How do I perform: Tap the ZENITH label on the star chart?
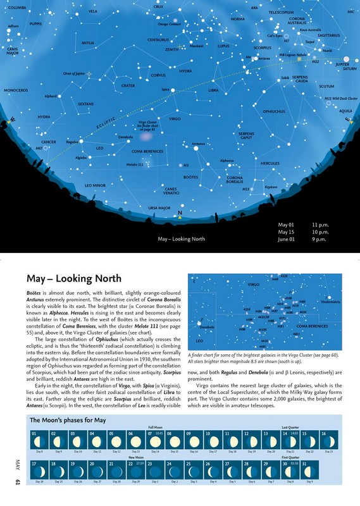click(x=171, y=49)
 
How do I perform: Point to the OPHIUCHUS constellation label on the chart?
click(x=274, y=112)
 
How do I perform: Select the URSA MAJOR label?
click(x=159, y=207)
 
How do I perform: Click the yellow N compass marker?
click(x=180, y=214)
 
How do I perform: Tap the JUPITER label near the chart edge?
click(x=343, y=65)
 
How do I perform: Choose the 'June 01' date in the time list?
click(x=287, y=240)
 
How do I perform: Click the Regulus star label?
click(x=72, y=142)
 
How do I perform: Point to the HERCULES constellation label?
click(x=270, y=163)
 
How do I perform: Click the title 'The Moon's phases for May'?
click(x=68, y=421)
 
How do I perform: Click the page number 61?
click(x=18, y=484)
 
